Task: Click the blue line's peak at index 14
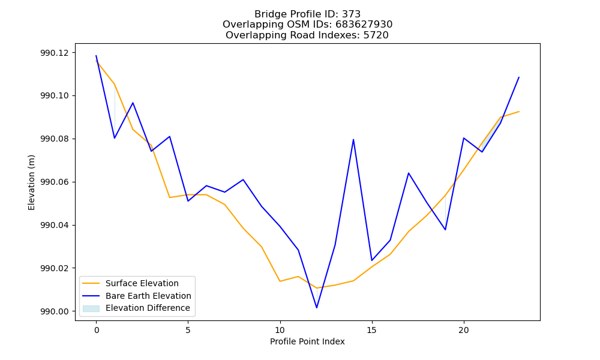pyautogui.click(x=353, y=139)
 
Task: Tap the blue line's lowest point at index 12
pyautogui.click(x=317, y=308)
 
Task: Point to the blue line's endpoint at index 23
pyautogui.click(x=519, y=77)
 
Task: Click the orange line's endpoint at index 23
pyautogui.click(x=519, y=112)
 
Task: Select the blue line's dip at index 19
pyautogui.click(x=445, y=230)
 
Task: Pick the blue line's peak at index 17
pyautogui.click(x=409, y=173)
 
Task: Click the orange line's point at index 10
pyautogui.click(x=280, y=281)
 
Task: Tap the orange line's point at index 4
pyautogui.click(x=170, y=197)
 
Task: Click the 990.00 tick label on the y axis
pyautogui.click(x=55, y=311)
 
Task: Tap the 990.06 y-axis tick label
pyautogui.click(x=55, y=182)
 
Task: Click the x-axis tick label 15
pyautogui.click(x=372, y=330)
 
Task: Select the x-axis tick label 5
pyautogui.click(x=188, y=330)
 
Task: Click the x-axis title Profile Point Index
pyautogui.click(x=307, y=341)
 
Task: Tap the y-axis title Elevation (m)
pyautogui.click(x=31, y=182)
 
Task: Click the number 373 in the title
pyautogui.click(x=351, y=14)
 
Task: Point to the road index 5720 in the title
pyautogui.click(x=376, y=35)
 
